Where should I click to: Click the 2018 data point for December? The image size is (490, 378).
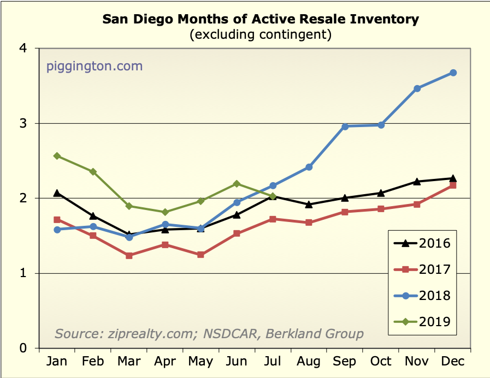click(453, 73)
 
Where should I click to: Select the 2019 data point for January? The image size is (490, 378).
click(57, 156)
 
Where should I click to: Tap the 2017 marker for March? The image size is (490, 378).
click(129, 255)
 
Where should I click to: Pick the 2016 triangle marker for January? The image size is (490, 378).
click(57, 193)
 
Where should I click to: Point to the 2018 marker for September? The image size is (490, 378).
click(345, 127)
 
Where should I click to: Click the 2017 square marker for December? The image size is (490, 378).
click(453, 185)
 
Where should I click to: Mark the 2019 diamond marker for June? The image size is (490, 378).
click(237, 184)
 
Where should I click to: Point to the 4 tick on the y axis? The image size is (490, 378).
click(23, 49)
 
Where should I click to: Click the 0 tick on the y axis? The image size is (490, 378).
click(23, 348)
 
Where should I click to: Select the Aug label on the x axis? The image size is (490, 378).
click(309, 361)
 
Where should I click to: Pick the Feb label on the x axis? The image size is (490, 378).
click(92, 361)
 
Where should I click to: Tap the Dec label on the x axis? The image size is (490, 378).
click(453, 361)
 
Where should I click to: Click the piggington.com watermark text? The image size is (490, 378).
click(94, 67)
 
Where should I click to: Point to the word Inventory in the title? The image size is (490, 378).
click(377, 20)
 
